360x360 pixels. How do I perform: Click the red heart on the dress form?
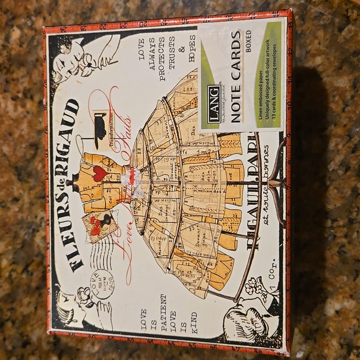(x=100, y=173)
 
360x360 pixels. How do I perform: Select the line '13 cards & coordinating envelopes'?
(x=277, y=87)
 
